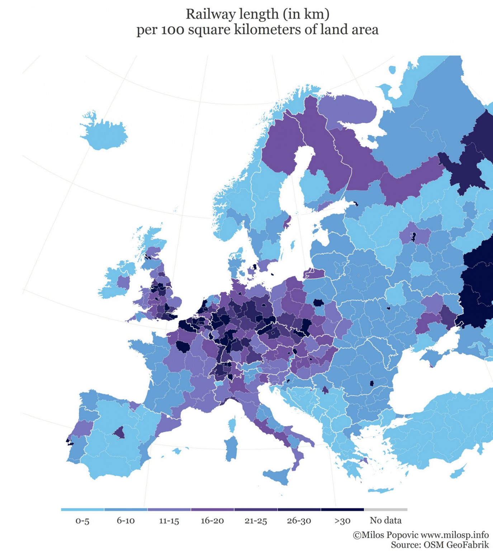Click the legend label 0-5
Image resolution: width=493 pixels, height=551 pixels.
[x=82, y=521]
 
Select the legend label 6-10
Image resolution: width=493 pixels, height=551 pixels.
[x=125, y=521]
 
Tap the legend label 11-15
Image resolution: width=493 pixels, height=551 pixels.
[x=169, y=521]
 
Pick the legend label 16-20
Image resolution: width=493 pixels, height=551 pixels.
[x=212, y=521]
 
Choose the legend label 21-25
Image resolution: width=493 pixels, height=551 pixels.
[x=256, y=521]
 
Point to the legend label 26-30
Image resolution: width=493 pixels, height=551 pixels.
[x=299, y=521]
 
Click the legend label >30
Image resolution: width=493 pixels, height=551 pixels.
[x=342, y=521]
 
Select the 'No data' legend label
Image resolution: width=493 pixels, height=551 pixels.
[x=386, y=521]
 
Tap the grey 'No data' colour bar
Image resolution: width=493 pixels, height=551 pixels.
[x=386, y=509]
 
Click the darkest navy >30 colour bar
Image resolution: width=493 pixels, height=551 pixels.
[x=342, y=509]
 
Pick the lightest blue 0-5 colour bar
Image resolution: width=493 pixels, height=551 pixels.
[x=82, y=509]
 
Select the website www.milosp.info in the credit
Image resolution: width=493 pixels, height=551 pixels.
[x=455, y=535]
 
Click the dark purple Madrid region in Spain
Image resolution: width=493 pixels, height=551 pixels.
[x=119, y=433]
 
